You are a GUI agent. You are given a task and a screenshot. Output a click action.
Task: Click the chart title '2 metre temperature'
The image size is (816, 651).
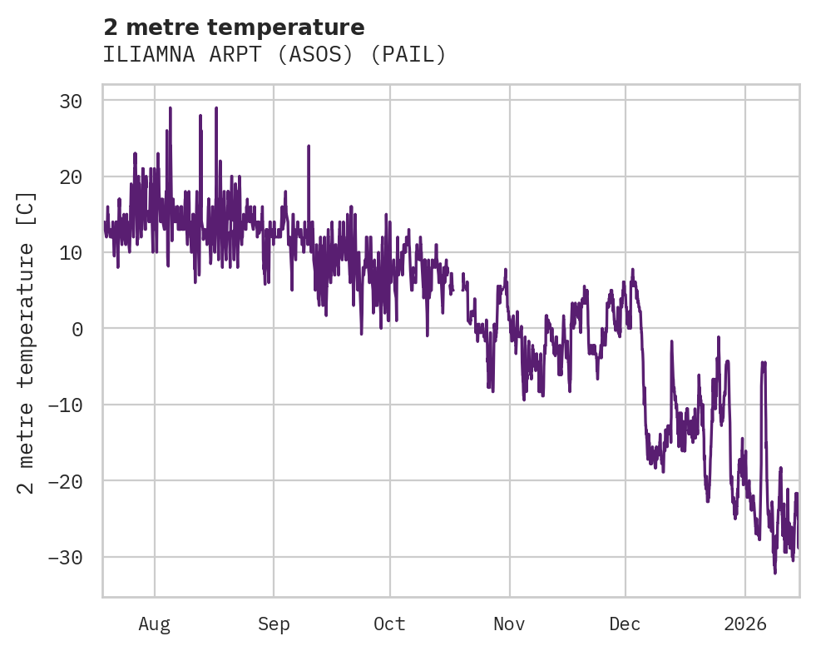(234, 27)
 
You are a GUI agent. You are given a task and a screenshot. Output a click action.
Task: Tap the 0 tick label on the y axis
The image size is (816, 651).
(77, 329)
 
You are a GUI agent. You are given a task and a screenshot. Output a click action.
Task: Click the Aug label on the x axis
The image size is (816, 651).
(155, 624)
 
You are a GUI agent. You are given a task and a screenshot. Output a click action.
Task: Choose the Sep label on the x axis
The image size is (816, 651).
(274, 624)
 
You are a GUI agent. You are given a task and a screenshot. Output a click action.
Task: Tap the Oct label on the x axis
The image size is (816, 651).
(389, 624)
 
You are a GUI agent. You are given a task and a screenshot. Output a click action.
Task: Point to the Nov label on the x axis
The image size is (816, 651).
(509, 624)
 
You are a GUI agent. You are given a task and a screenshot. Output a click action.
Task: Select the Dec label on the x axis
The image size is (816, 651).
(625, 624)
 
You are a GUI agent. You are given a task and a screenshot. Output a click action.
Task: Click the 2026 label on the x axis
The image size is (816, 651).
(745, 624)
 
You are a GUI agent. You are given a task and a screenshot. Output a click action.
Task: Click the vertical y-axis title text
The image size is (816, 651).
(27, 342)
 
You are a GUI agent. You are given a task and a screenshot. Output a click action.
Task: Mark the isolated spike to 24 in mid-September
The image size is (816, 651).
(309, 147)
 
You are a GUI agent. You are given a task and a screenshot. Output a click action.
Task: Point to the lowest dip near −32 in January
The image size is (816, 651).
(774, 572)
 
